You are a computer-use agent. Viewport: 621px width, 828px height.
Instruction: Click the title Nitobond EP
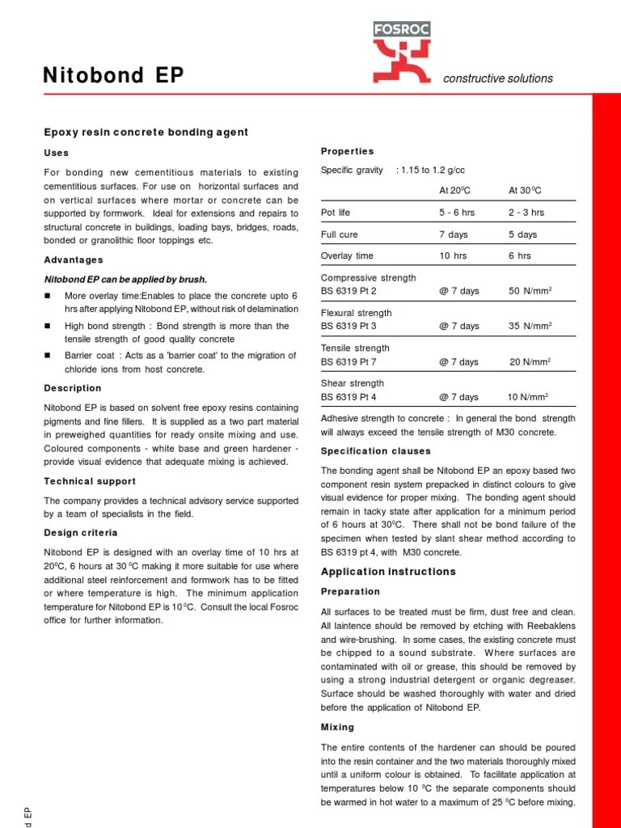pyautogui.click(x=113, y=76)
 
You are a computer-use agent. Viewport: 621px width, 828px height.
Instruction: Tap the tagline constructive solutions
pyautogui.click(x=498, y=78)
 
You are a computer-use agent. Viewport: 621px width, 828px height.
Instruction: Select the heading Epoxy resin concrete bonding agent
pyautogui.click(x=146, y=132)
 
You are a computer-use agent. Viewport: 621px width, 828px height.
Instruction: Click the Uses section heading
pyautogui.click(x=56, y=153)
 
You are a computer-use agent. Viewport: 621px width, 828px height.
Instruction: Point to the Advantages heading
pyautogui.click(x=74, y=260)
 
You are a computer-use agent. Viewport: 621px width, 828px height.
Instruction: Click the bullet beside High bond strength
pyautogui.click(x=47, y=326)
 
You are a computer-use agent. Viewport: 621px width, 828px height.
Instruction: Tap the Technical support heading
pyautogui.click(x=90, y=481)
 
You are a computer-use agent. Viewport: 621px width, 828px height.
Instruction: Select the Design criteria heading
pyautogui.click(x=81, y=533)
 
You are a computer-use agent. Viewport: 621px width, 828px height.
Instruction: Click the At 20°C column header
pyautogui.click(x=454, y=190)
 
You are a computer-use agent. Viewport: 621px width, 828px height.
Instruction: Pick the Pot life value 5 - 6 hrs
pyautogui.click(x=457, y=213)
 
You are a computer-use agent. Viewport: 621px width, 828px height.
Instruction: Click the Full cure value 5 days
pyautogui.click(x=522, y=234)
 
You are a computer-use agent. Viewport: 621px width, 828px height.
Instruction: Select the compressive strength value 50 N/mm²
pyautogui.click(x=530, y=291)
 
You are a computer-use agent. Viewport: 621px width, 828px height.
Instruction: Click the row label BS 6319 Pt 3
pyautogui.click(x=349, y=326)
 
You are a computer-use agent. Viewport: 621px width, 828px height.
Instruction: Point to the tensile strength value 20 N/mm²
pyautogui.click(x=530, y=361)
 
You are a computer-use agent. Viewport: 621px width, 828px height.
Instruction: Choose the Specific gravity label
pyautogui.click(x=352, y=170)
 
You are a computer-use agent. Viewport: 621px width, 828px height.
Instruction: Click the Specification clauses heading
pyautogui.click(x=376, y=451)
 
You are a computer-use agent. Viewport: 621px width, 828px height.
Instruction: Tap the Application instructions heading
pyautogui.click(x=388, y=572)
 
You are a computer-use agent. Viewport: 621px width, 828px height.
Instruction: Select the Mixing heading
pyautogui.click(x=337, y=727)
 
